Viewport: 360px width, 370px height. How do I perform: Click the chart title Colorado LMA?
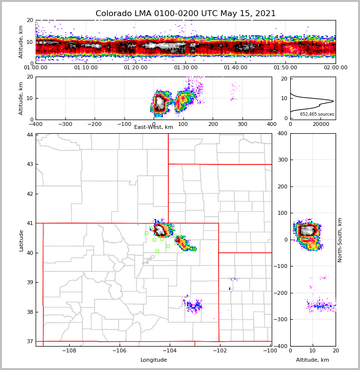point(185,14)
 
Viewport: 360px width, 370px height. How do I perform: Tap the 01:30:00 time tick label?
point(185,68)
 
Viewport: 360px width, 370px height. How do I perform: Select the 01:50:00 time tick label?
point(285,68)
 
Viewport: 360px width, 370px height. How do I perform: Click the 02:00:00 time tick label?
point(335,68)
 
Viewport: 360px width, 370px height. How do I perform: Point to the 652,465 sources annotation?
point(317,114)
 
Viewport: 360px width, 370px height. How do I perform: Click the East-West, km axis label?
point(154,127)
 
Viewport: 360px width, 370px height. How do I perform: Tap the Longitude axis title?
point(154,360)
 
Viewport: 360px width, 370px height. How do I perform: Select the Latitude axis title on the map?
point(21,240)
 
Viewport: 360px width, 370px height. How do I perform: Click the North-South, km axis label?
point(340,240)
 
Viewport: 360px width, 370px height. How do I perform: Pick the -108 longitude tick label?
point(69,351)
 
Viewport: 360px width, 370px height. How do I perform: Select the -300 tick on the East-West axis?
point(65,124)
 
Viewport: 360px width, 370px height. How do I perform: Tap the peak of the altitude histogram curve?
point(333,101)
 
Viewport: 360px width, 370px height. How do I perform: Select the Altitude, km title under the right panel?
point(313,360)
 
